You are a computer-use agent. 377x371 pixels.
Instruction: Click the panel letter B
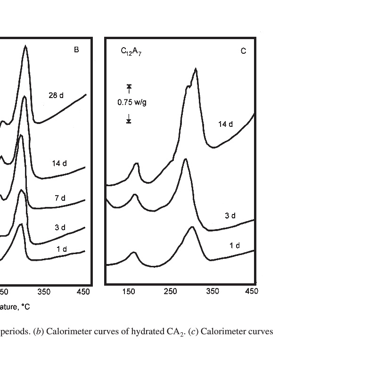point(76,49)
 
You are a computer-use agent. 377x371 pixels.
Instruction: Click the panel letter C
point(243,51)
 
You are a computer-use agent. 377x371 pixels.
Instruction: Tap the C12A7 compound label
point(131,51)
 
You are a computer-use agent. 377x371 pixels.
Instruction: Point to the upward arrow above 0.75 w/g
point(129,86)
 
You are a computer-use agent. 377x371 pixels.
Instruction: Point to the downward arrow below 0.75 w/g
point(129,121)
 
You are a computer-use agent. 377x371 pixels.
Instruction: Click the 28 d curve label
point(56,95)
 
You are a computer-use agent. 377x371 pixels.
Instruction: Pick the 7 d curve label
point(60,198)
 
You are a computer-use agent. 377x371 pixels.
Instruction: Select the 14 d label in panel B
point(59,163)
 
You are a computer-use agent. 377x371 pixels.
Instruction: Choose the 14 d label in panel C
point(225,124)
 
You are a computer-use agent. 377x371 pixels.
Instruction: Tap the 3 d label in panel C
point(229,216)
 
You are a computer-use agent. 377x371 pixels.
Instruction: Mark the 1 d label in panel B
point(61,248)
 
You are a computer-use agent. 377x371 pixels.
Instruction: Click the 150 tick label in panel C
point(128,291)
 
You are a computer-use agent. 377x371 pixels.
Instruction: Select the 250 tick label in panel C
point(171,291)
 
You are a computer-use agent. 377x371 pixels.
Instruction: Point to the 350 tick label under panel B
point(44,292)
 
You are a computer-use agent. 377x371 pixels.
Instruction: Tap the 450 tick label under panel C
point(252,291)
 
